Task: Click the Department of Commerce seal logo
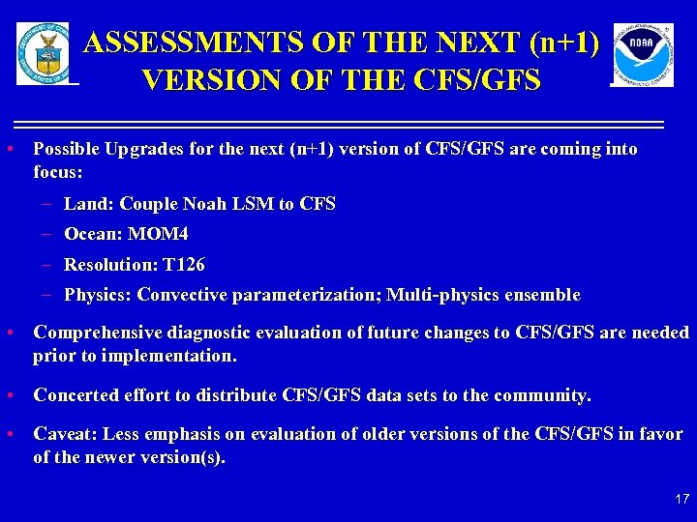coord(43,53)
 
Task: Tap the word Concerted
coord(76,395)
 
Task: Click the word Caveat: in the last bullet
coord(66,434)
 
